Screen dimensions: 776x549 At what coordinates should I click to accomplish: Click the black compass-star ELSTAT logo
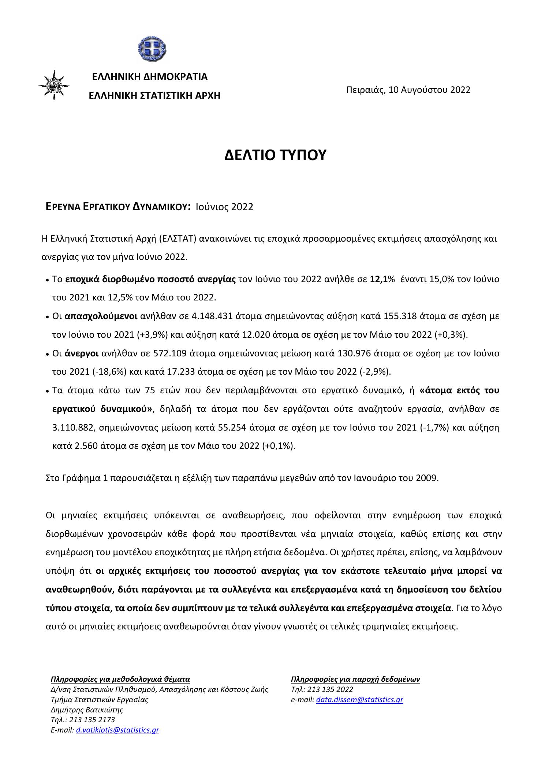coord(54,86)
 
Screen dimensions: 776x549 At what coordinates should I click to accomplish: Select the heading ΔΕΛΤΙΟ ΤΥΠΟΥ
coord(275,155)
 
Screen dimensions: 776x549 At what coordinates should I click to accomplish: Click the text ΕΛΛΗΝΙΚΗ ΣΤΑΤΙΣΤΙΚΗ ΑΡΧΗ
coord(155,96)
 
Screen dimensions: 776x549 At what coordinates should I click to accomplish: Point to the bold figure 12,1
coord(379,279)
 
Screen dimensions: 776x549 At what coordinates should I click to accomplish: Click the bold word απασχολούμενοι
coord(101,316)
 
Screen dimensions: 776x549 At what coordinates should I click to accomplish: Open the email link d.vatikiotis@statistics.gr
coord(117,730)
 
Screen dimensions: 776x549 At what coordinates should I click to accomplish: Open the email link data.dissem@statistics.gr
coord(359,700)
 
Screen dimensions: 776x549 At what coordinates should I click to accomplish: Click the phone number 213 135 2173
coord(91,720)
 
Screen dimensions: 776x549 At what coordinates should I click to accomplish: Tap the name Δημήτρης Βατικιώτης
coord(87,710)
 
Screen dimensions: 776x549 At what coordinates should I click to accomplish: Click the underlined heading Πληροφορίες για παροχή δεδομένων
coord(355,680)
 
